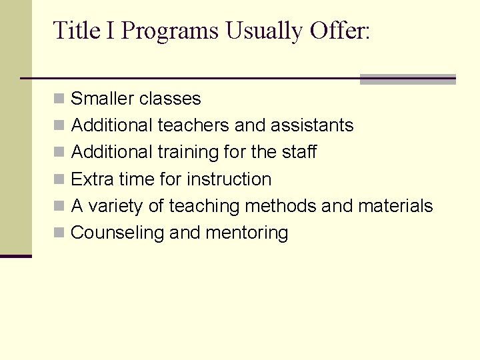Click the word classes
171,99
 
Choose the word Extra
91,179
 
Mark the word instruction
229,179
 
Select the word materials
395,206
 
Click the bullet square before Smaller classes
59,99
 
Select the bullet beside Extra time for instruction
59,180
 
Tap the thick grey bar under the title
407,79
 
